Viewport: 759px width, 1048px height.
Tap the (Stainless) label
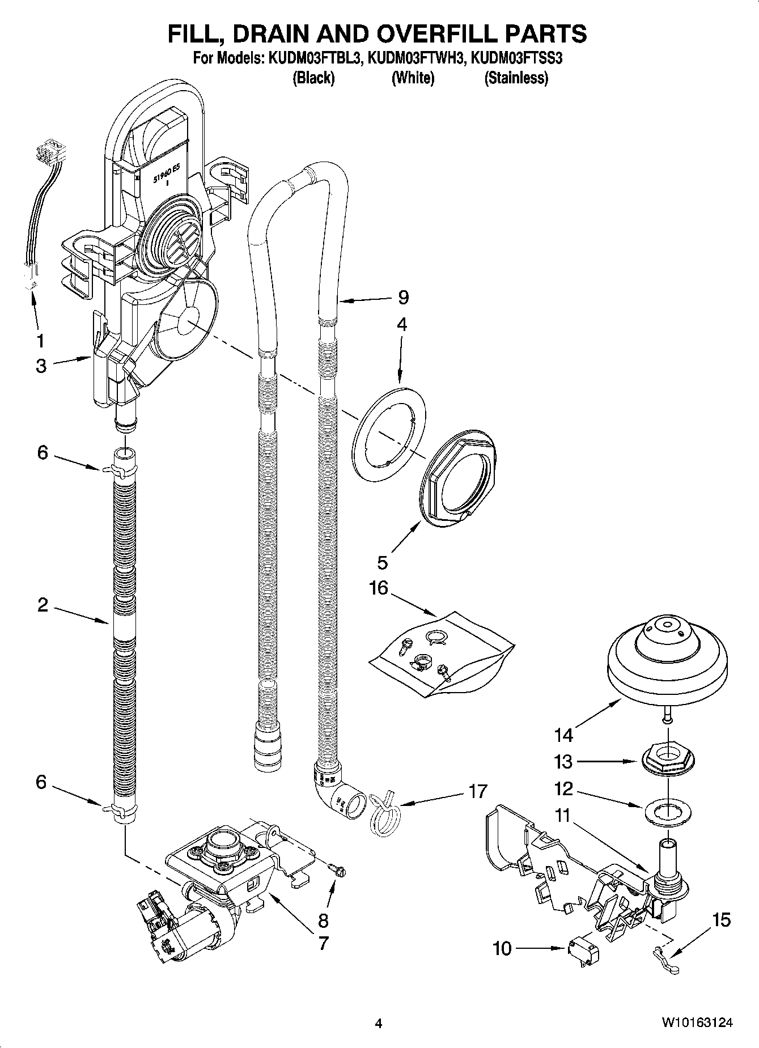point(516,78)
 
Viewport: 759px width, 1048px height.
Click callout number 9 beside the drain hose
point(403,297)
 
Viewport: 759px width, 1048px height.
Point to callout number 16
point(378,588)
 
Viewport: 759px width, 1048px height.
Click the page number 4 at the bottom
point(379,1024)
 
